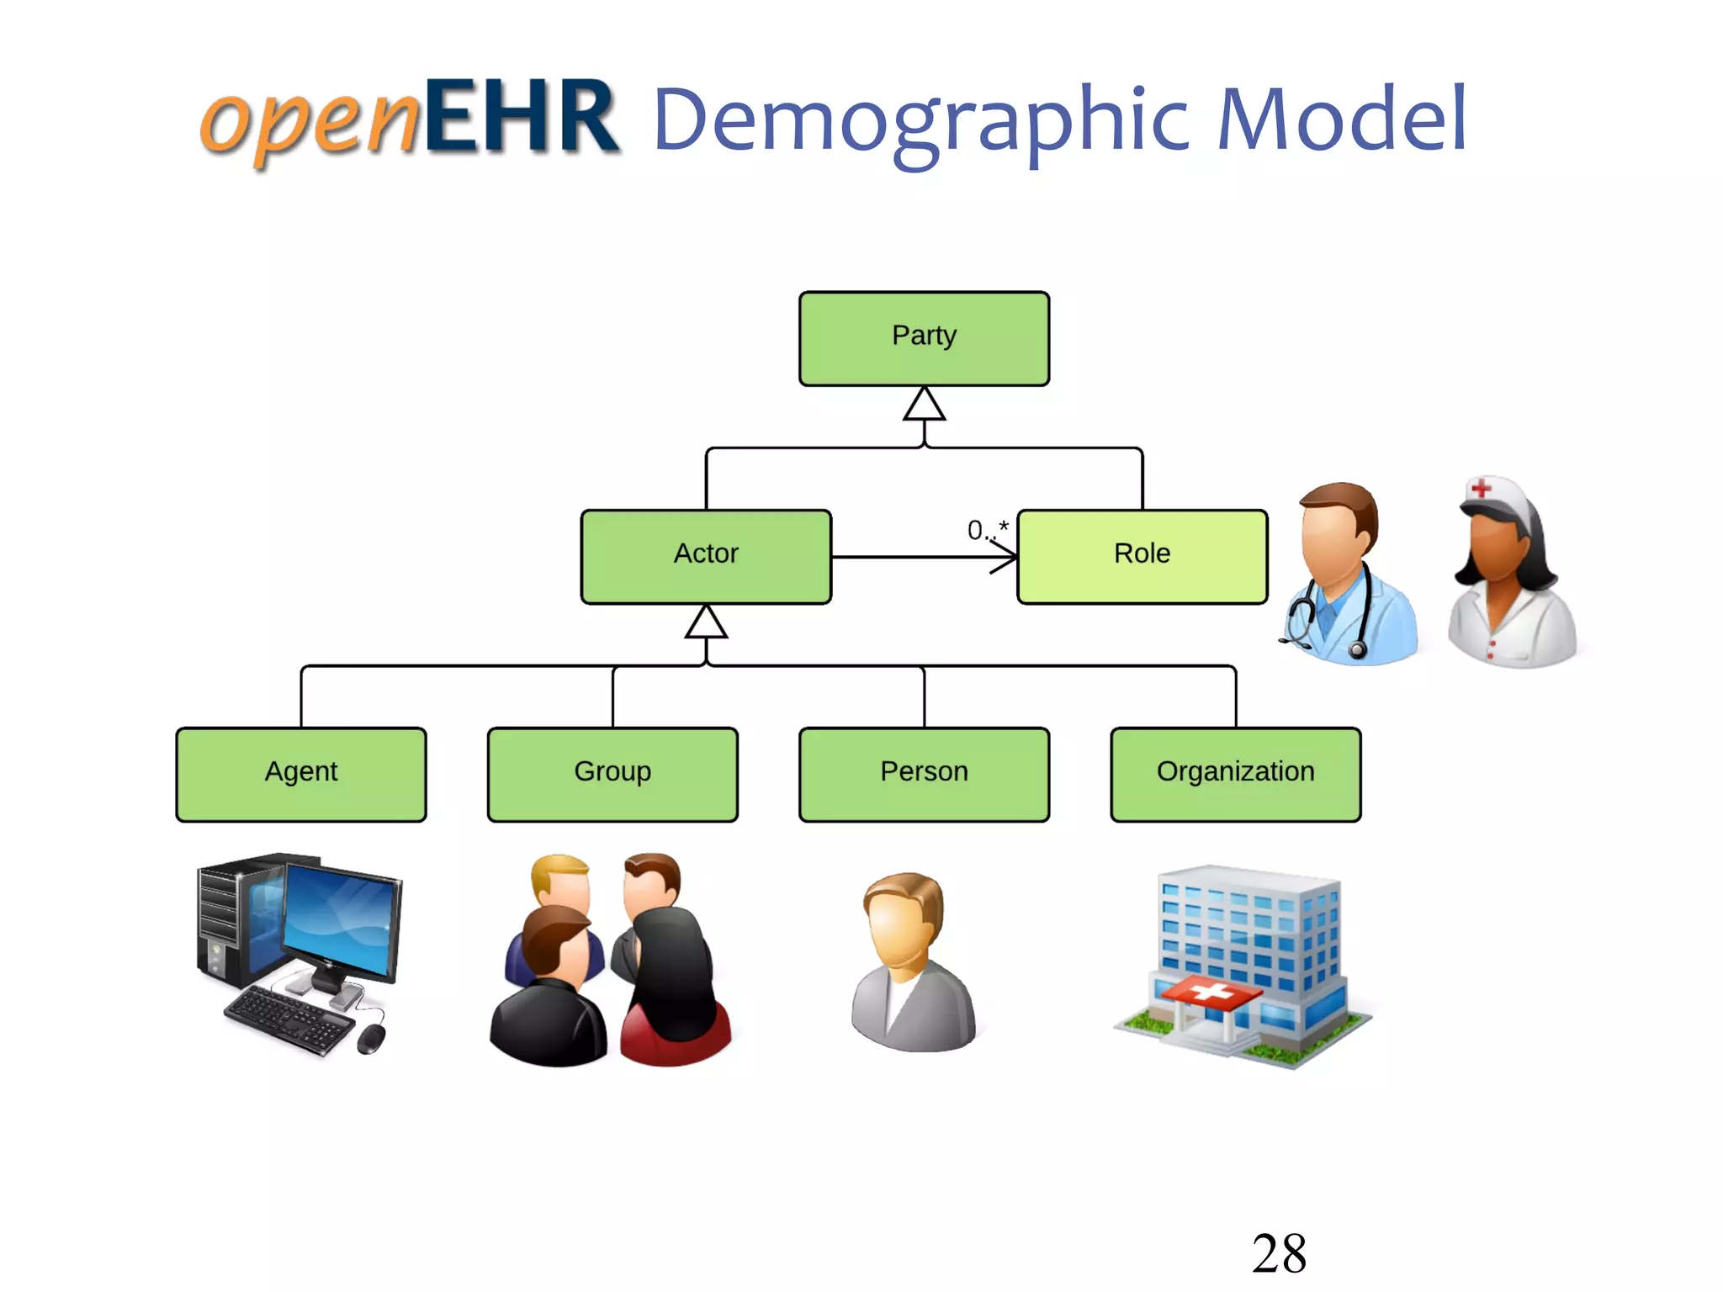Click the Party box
924,339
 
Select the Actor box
706,556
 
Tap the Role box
1142,556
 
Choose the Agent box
301,774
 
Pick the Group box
612,774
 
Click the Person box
924,774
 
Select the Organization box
1235,774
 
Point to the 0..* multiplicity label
987,530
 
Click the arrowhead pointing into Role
1006,557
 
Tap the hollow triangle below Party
924,405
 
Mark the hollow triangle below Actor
706,623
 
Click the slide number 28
1279,1253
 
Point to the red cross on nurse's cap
1482,487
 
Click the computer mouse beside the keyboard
371,1038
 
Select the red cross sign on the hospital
1209,993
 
